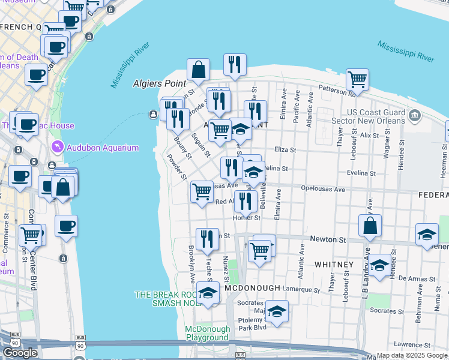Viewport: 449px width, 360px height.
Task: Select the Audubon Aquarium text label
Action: pos(102,148)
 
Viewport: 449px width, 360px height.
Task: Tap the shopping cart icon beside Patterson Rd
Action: pos(357,79)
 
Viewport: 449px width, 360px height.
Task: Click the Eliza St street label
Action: pos(285,149)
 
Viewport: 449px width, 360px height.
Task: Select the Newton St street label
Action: pos(328,239)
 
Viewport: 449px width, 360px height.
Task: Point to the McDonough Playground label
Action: pos(207,334)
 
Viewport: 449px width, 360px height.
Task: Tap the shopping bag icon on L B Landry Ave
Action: pos(370,226)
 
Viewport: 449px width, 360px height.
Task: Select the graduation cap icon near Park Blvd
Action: pos(277,311)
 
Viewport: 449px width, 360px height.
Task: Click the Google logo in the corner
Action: pos(20,353)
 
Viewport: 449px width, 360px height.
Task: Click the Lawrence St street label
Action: pos(416,344)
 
